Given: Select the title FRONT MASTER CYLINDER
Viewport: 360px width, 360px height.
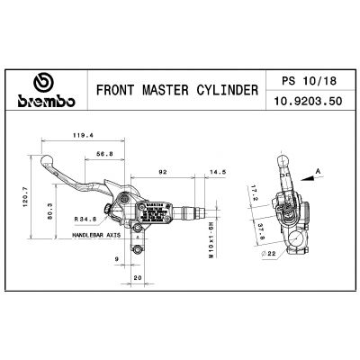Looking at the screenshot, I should point(175,91).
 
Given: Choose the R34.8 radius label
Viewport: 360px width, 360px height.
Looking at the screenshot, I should point(86,218).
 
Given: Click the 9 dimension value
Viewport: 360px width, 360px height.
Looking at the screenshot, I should point(117,260).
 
